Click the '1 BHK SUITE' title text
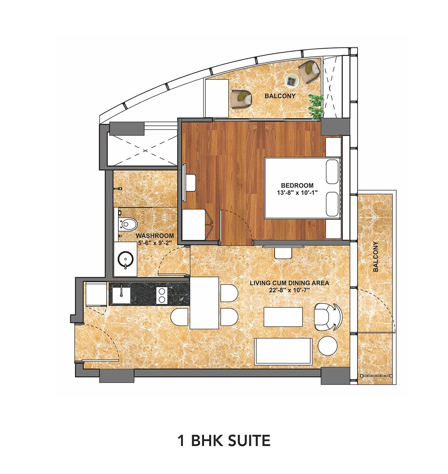point(224,440)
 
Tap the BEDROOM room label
point(297,185)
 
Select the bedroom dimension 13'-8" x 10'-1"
point(297,192)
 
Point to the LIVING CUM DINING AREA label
point(289,283)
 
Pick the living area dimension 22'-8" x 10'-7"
point(289,290)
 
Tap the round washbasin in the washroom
point(125,261)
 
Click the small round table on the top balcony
point(293,80)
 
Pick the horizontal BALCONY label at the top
point(280,96)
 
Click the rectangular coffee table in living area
point(283,317)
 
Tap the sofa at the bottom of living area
point(283,351)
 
